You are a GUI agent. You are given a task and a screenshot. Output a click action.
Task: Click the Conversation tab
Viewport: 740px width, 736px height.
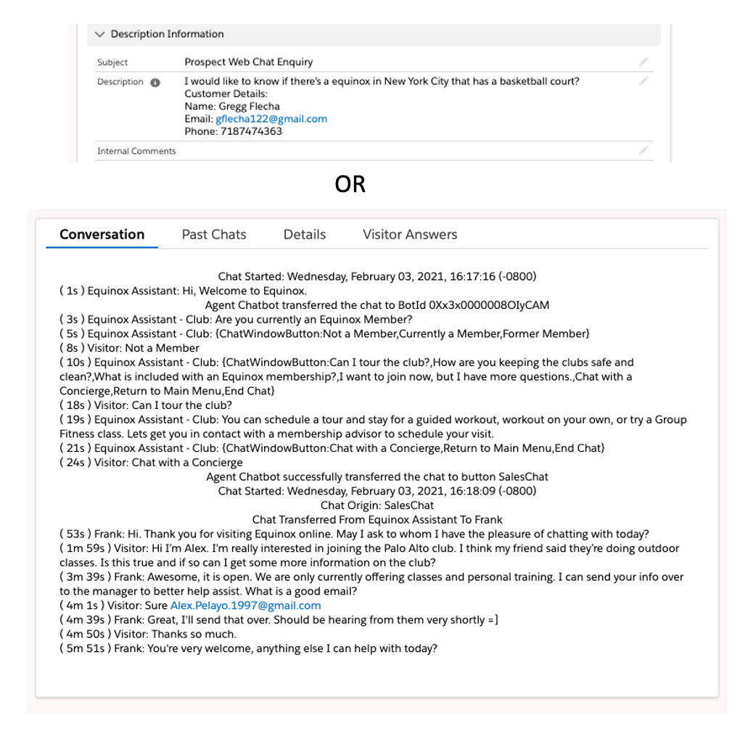point(102,234)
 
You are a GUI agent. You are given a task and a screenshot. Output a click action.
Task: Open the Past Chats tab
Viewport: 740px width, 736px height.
point(214,234)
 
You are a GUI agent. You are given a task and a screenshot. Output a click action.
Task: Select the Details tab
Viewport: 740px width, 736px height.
point(305,234)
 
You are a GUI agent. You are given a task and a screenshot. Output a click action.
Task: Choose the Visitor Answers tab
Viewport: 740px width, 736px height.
point(410,234)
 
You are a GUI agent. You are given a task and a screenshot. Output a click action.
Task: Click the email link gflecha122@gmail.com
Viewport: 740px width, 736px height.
point(271,119)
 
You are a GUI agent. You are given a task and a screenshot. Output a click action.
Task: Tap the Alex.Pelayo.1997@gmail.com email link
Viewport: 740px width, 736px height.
point(245,605)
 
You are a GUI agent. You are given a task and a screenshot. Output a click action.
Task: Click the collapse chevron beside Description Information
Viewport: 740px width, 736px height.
point(99,34)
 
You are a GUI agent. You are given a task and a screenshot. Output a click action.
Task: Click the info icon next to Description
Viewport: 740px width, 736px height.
point(155,83)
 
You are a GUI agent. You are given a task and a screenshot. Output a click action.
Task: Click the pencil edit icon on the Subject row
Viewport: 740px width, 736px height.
point(643,62)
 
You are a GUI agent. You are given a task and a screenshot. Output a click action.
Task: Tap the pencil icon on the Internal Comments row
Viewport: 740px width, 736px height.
point(643,151)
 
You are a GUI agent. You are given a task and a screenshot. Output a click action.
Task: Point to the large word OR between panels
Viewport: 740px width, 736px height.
point(350,185)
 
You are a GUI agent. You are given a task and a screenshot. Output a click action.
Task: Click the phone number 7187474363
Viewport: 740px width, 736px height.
point(251,131)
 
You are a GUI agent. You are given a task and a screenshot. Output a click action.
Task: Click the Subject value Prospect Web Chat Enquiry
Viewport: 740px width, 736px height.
point(249,62)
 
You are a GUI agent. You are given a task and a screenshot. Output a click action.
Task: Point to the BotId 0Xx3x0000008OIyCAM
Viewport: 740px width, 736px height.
point(490,305)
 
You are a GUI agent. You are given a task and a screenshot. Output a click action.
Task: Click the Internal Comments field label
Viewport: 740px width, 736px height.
point(136,151)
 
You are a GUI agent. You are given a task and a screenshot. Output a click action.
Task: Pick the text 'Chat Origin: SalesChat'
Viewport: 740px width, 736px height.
point(377,505)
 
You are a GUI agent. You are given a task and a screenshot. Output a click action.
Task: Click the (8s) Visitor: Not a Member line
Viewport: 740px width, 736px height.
point(129,348)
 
